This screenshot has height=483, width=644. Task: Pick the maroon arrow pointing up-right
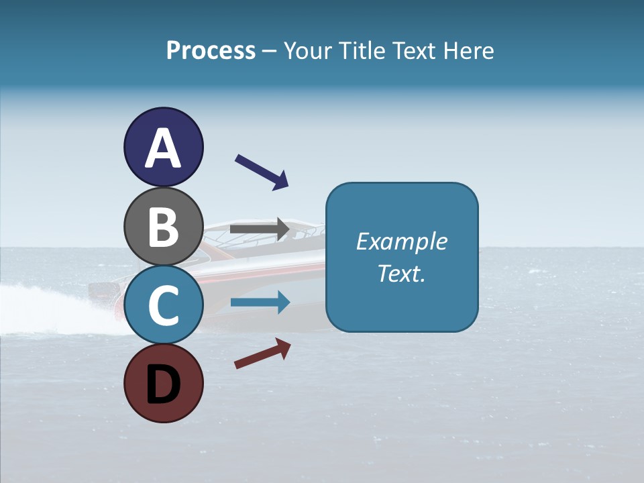[262, 354]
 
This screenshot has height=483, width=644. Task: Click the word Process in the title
[211, 51]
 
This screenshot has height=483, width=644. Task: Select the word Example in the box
[401, 241]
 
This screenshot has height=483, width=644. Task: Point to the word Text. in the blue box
[401, 273]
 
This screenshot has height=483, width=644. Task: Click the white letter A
[163, 148]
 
